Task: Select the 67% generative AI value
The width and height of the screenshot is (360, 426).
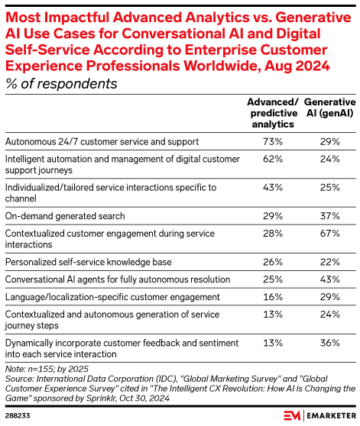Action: [x=329, y=232]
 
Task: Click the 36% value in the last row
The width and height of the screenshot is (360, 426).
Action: [x=329, y=342]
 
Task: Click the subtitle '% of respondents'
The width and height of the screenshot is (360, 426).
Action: [x=60, y=83]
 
